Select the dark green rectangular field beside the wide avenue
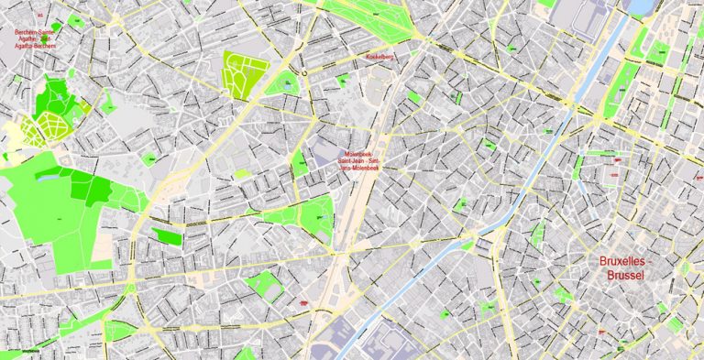pyautogui.click(x=167, y=236)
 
